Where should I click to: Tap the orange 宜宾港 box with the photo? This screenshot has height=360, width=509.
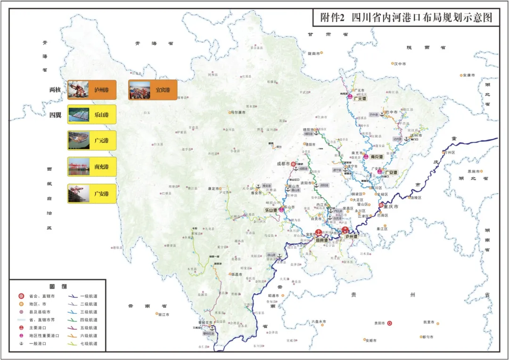153,90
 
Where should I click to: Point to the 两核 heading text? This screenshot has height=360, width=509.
55,90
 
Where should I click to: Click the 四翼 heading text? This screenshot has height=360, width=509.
55,115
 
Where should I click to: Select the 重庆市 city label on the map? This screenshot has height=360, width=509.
392,207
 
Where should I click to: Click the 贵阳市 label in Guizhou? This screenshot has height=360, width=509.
379,323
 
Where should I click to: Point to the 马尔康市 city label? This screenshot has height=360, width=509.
240,112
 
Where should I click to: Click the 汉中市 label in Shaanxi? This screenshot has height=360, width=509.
400,63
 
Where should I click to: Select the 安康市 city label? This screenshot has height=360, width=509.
469,75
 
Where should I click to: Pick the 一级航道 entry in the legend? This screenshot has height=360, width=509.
89,296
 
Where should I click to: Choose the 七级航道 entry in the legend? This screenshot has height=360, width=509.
89,344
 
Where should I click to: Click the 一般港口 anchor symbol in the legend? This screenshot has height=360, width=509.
21,344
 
